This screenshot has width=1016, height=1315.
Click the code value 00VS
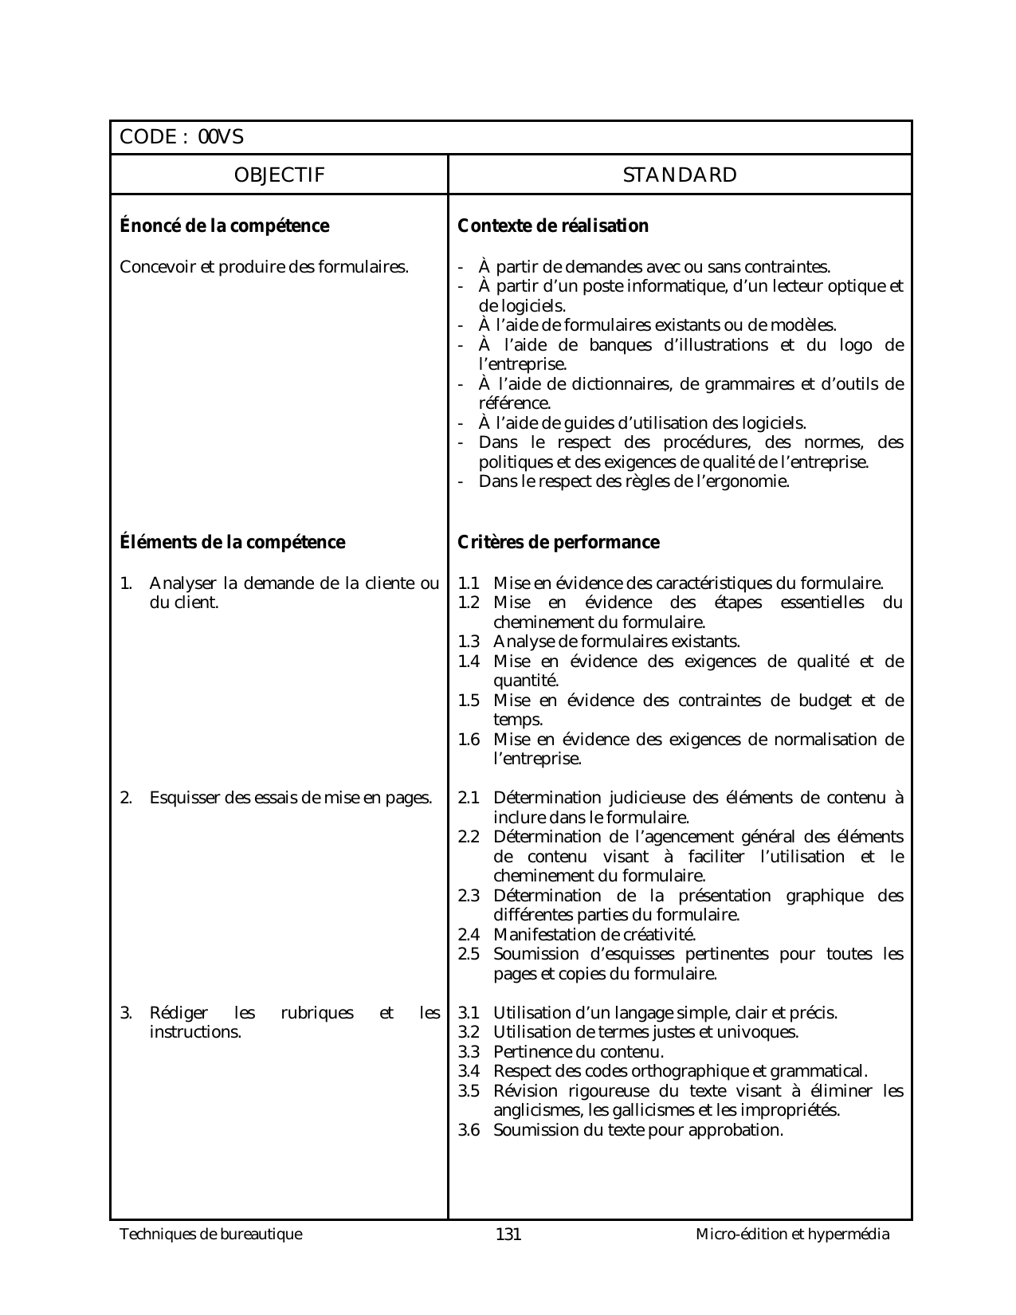point(221,137)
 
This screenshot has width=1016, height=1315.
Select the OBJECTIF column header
point(279,175)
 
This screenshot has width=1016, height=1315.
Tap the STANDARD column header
point(680,175)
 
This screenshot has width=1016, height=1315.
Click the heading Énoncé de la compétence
point(224,226)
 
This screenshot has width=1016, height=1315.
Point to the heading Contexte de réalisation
point(553,226)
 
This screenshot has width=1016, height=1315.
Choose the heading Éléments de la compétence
point(232,543)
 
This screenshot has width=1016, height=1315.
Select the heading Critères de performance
point(559,543)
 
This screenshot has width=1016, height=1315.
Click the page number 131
point(508,1235)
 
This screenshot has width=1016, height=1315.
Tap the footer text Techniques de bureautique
point(211,1235)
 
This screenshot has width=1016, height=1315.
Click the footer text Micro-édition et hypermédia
point(792,1235)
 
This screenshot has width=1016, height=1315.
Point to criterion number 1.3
point(469,642)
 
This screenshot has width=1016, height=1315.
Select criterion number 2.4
point(469,935)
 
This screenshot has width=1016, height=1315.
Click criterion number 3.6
point(469,1130)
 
